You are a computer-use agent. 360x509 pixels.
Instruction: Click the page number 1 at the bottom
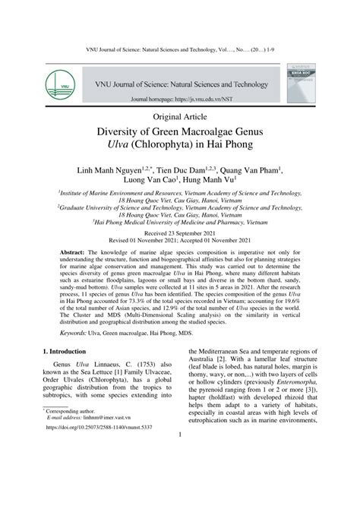pyautogui.click(x=180, y=500)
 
